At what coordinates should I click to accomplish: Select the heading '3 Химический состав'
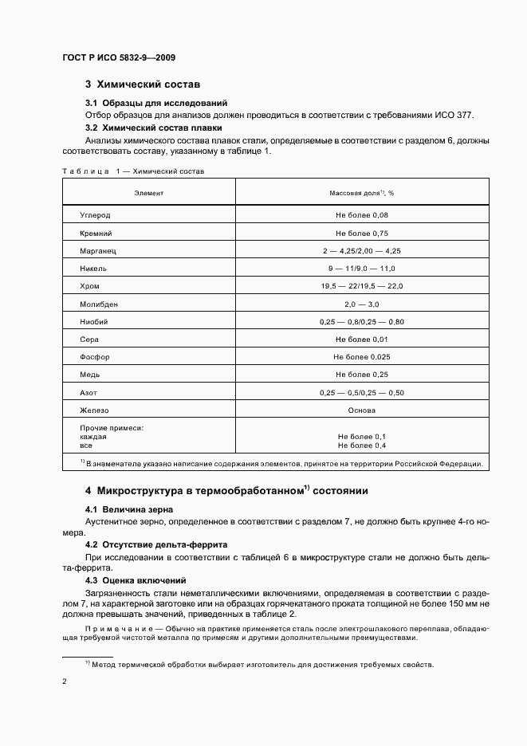coord(143,84)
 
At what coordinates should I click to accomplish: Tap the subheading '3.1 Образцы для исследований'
coord(155,103)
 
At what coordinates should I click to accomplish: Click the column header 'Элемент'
coord(148,194)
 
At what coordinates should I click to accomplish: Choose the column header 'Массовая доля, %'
coord(361,194)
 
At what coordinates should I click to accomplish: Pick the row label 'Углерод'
coord(95,215)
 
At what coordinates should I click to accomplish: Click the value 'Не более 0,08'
coord(361,215)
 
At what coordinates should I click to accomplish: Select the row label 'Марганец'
coord(98,251)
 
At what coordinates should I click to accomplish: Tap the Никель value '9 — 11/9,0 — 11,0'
coord(361,269)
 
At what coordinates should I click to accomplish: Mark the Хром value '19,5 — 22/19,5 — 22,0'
coord(361,286)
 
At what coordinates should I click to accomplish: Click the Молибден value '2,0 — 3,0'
coord(361,304)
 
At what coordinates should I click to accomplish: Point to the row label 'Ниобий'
coord(93,322)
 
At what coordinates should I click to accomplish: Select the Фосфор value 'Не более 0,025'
coord(361,357)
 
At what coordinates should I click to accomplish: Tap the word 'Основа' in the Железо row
coord(361,410)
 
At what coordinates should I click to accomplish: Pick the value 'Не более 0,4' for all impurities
coord(361,446)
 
